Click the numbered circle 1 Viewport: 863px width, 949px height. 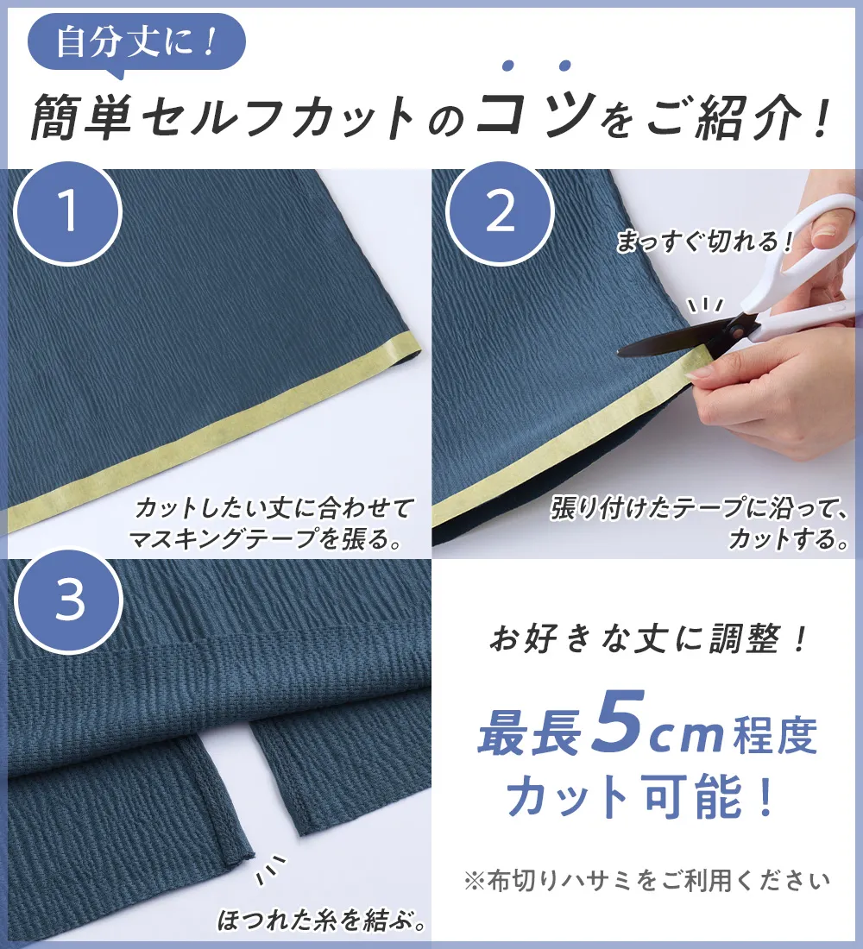pyautogui.click(x=68, y=212)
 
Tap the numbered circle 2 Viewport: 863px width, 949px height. pyautogui.click(x=500, y=212)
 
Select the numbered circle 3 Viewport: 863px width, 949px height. pyautogui.click(x=68, y=600)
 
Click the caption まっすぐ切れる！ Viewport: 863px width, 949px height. pyautogui.click(x=703, y=242)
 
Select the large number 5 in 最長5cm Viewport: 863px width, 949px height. pyautogui.click(x=622, y=725)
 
